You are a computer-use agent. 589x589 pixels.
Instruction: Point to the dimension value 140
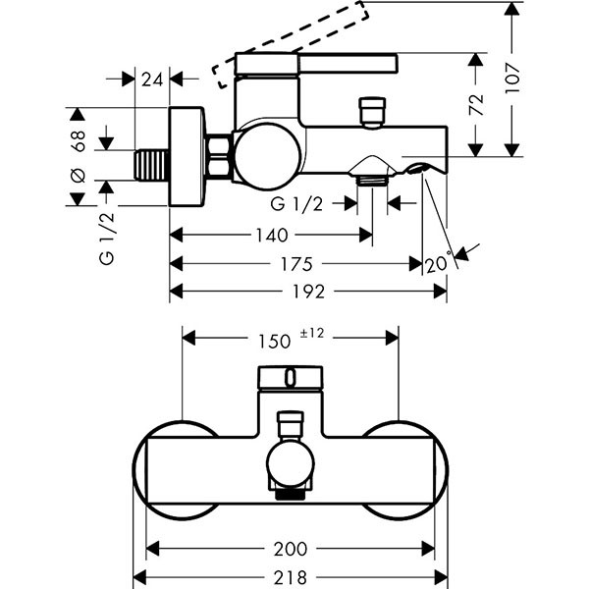tap(270, 236)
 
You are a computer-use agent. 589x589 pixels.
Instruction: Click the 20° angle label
tap(439, 263)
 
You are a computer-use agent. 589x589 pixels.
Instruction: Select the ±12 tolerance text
tap(311, 335)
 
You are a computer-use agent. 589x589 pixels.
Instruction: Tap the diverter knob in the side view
tap(371, 111)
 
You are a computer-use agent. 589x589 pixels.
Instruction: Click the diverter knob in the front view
tap(292, 424)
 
